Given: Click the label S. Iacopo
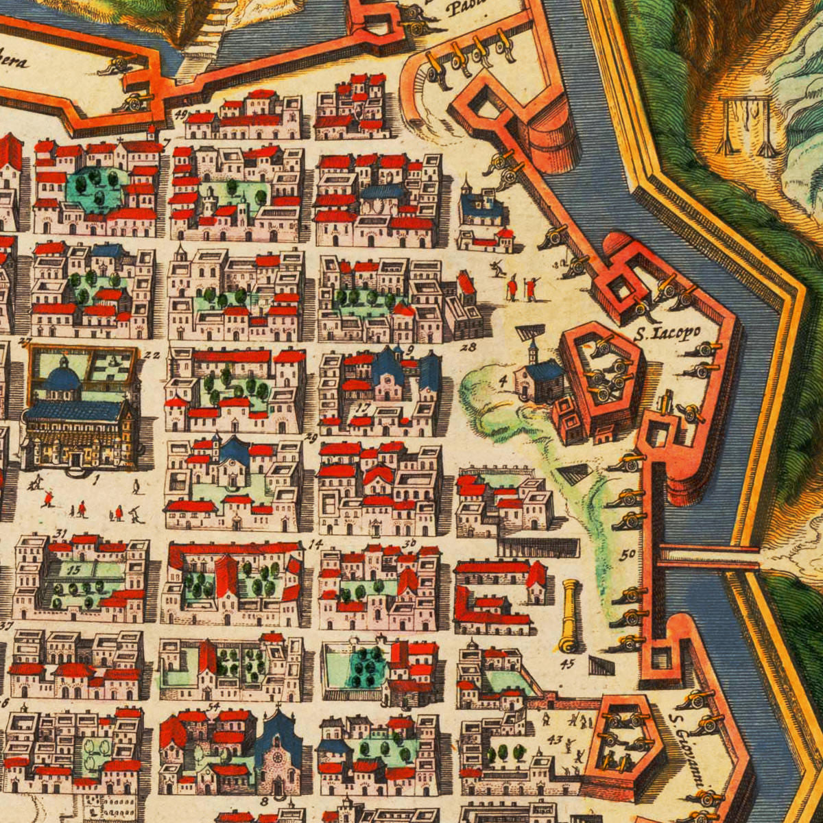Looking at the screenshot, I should [x=667, y=333].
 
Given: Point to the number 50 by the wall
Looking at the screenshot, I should [x=628, y=555].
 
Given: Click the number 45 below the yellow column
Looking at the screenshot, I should [x=568, y=663].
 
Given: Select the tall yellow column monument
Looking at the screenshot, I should [x=569, y=616].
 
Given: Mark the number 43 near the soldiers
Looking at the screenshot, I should [x=555, y=739].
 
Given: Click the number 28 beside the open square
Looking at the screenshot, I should [x=468, y=347].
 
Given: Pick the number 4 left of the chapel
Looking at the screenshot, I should [x=503, y=378].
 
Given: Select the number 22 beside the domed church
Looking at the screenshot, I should [x=152, y=355].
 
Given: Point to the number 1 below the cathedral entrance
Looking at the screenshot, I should [x=96, y=479].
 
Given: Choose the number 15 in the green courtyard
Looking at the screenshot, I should [x=75, y=569].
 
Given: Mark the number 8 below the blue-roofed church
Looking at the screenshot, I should [x=264, y=800].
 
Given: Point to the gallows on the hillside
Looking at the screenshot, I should [x=745, y=125].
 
